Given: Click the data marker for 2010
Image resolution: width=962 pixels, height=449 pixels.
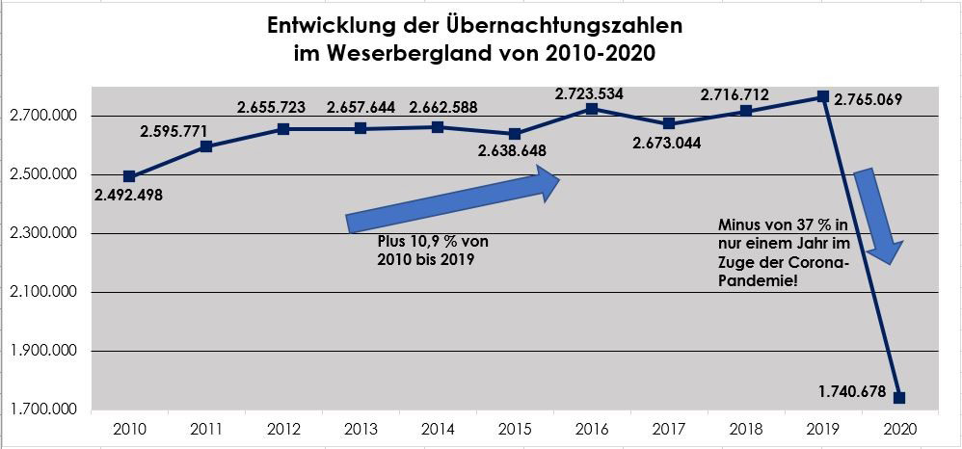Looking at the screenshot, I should pyautogui.click(x=129, y=176).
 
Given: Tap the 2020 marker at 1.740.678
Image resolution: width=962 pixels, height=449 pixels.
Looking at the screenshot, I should pyautogui.click(x=900, y=397).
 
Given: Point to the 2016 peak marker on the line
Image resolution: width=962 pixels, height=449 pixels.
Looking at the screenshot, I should pyautogui.click(x=592, y=109).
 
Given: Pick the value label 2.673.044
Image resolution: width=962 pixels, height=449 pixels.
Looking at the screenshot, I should pyautogui.click(x=668, y=144).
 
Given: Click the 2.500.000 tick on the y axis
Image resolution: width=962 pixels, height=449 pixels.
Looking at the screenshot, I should pyautogui.click(x=40, y=175).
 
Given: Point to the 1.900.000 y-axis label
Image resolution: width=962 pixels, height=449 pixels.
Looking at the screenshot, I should pyautogui.click(x=40, y=352).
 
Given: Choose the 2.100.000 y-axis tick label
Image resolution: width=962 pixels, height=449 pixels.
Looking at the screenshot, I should pyautogui.click(x=40, y=293).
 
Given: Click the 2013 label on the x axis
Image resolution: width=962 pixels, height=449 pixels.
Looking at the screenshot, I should pyautogui.click(x=360, y=427).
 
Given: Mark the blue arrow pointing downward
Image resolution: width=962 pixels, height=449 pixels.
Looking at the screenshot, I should pyautogui.click(x=879, y=218).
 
